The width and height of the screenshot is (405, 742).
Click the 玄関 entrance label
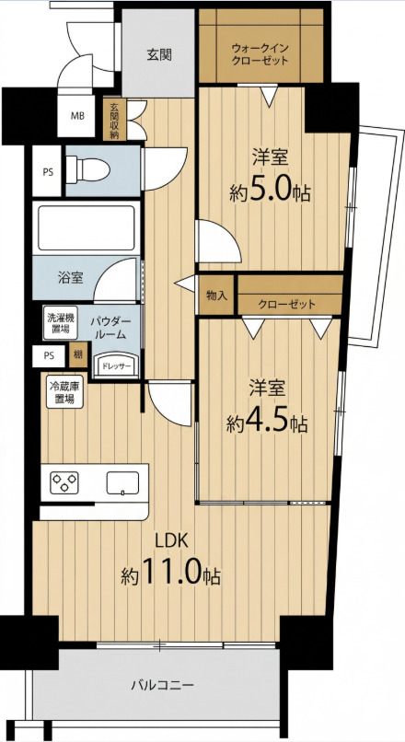[157, 53]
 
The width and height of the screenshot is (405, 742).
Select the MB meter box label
[78, 116]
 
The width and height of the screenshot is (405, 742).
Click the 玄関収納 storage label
[115, 119]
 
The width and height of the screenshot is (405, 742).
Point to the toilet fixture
[90, 169]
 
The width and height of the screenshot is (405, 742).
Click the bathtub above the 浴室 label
[84, 227]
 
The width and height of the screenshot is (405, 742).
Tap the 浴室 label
[71, 276]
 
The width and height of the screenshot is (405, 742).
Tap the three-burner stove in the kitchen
[66, 481]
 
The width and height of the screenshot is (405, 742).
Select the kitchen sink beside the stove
[121, 481]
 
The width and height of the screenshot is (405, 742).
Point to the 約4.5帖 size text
[267, 423]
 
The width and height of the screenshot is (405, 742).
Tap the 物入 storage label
[216, 296]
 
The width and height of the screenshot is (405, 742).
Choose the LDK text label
[170, 540]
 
